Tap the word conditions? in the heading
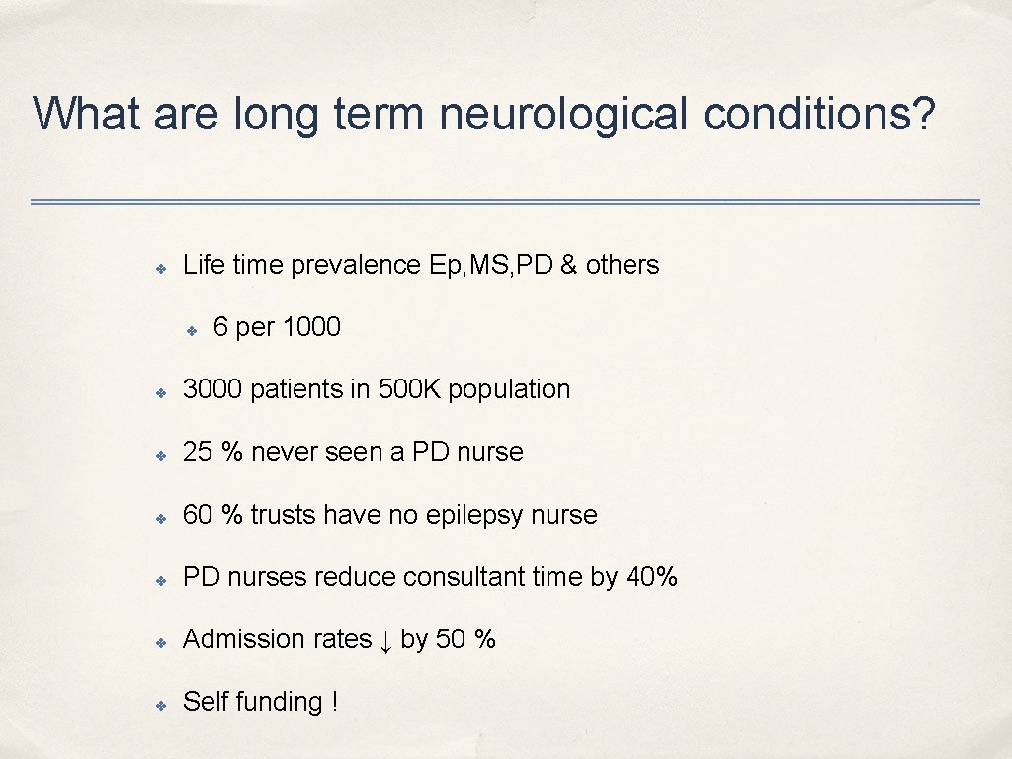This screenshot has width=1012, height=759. (x=820, y=115)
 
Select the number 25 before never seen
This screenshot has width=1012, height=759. (x=199, y=452)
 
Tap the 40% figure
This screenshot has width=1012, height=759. (x=652, y=577)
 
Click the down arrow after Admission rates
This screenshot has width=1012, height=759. (x=385, y=641)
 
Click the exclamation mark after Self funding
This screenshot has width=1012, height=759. (x=335, y=702)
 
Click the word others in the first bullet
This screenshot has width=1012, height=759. (x=623, y=265)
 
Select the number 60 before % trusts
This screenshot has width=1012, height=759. (x=199, y=515)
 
